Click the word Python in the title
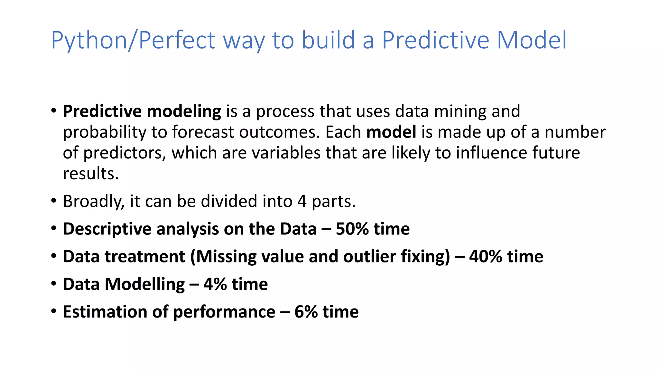click(89, 41)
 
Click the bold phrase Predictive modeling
click(142, 111)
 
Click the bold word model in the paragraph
click(391, 132)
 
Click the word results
click(91, 174)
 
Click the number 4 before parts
click(302, 201)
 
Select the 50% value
click(352, 229)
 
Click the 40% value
click(485, 257)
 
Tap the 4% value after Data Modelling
click(215, 284)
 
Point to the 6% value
click(306, 312)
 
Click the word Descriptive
click(107, 229)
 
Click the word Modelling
click(145, 284)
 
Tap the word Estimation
click(105, 312)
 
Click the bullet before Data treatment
click(54, 256)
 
